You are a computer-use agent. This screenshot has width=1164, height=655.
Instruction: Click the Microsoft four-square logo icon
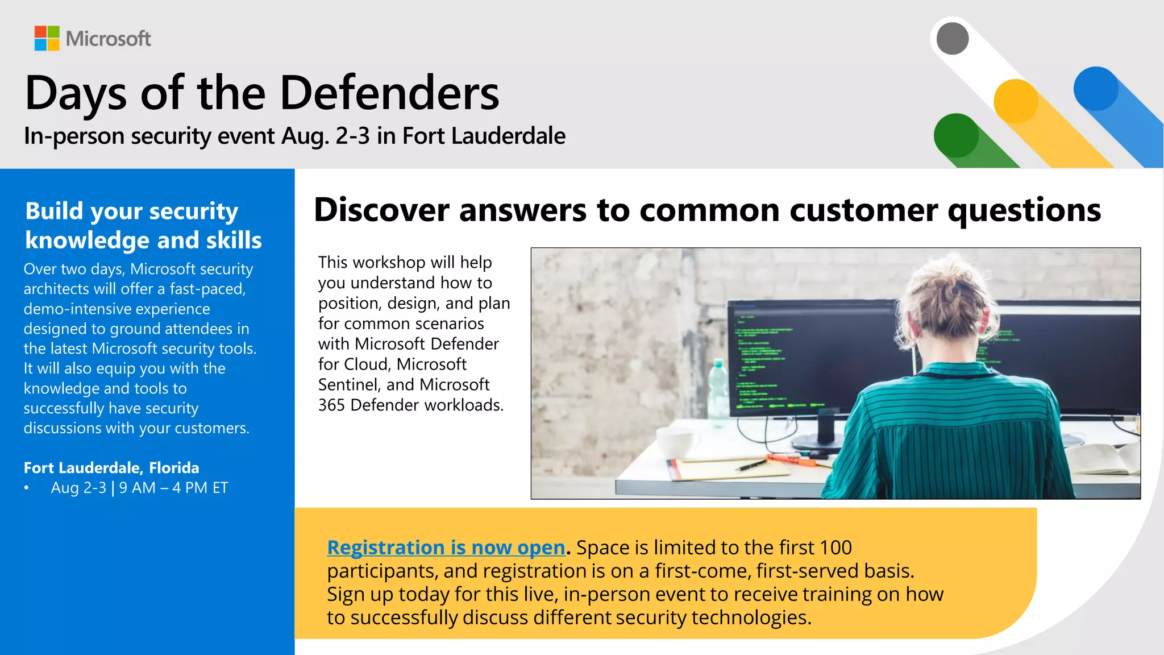47,38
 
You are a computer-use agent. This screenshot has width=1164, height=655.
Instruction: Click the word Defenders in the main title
389,93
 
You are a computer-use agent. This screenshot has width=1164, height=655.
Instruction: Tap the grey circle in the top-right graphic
953,39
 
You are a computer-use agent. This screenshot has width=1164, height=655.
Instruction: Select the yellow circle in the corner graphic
1016,101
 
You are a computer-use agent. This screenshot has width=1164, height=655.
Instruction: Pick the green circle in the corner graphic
957,135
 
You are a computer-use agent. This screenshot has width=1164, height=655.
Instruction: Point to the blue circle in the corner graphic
1096,89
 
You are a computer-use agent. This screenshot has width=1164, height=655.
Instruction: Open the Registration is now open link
446,548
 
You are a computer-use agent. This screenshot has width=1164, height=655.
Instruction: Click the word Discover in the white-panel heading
382,210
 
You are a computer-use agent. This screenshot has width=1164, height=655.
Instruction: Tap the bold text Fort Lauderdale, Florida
111,468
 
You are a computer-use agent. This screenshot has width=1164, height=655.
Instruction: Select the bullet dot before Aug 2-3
26,488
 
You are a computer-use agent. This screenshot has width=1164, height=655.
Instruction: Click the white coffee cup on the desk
676,441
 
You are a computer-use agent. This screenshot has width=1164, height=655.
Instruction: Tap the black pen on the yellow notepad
751,466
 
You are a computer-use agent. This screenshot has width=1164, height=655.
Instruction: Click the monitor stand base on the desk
818,442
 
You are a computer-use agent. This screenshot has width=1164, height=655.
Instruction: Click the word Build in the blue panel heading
55,211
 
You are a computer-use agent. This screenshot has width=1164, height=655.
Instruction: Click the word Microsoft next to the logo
108,39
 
